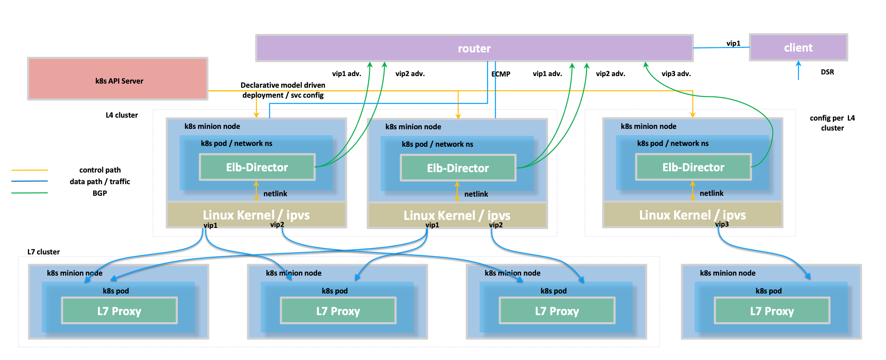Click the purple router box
pos(474,48)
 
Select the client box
pos(798,47)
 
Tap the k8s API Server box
pos(118,79)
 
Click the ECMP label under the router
pos(501,74)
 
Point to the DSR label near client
pos(827,72)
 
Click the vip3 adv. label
pos(676,74)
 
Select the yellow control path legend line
pos(30,170)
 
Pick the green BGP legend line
pos(30,193)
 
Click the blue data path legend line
pos(30,181)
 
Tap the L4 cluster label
pos(121,115)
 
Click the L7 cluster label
pos(43,252)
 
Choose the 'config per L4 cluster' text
pos(832,123)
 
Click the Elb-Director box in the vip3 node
pos(693,167)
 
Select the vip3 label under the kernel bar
pos(722,224)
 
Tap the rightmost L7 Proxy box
pos(772,311)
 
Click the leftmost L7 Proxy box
pos(119,311)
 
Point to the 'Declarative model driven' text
pos(283,85)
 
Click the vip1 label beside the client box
pos(733,43)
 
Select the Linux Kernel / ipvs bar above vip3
pos(692,215)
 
